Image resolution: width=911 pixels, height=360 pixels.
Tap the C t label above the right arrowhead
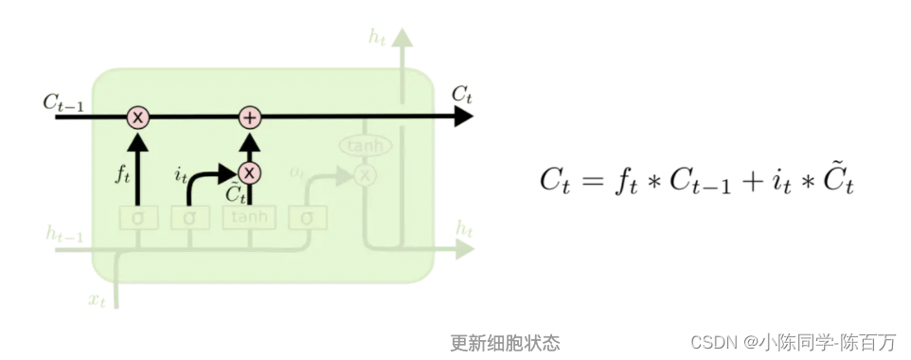(461, 94)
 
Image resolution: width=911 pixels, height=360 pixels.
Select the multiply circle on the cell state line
(138, 117)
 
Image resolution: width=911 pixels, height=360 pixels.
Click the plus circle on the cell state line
(249, 117)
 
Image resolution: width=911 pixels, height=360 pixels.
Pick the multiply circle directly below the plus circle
(249, 172)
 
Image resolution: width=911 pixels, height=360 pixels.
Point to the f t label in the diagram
(121, 174)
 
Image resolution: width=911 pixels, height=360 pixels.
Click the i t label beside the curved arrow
(181, 174)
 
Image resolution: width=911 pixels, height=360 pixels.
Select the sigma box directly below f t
(138, 217)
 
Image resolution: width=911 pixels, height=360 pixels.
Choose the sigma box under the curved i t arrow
(189, 217)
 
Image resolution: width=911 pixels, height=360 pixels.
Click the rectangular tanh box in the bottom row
(249, 217)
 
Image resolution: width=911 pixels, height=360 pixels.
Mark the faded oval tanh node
(365, 146)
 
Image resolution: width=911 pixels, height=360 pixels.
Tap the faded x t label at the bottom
(98, 299)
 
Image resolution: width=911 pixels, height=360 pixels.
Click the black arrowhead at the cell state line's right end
(463, 117)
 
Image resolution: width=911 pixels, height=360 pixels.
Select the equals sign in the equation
(598, 180)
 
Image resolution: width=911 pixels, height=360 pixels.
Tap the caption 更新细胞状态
(505, 342)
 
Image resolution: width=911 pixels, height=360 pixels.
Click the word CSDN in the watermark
(713, 342)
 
